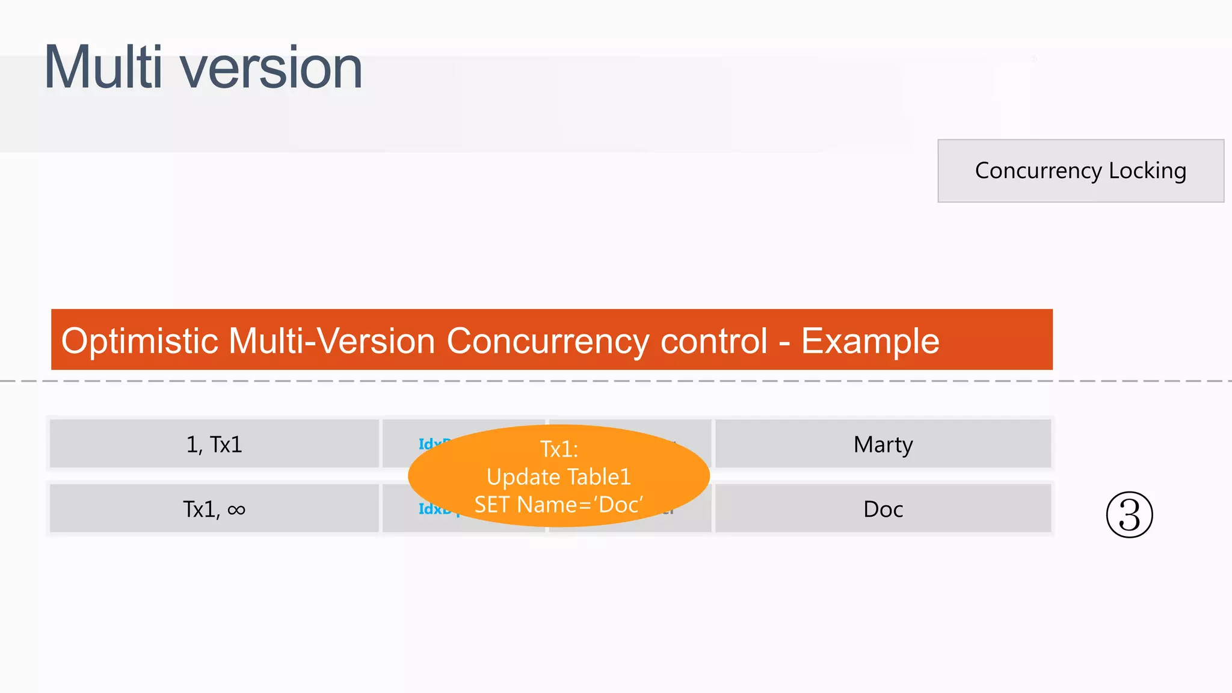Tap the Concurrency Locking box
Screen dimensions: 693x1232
coord(1080,171)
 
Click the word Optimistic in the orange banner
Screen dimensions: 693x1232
coord(140,341)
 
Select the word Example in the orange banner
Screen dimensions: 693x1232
coord(870,341)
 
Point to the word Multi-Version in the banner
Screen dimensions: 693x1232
coord(332,341)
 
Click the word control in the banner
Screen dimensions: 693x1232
coord(714,341)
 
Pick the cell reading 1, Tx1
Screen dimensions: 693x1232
coord(214,445)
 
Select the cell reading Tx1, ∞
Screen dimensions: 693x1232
coord(214,510)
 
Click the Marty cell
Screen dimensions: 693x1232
coord(883,445)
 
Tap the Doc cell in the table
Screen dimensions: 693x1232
coord(883,510)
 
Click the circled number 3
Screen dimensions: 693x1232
coord(1129,515)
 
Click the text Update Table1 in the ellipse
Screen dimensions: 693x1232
coord(559,477)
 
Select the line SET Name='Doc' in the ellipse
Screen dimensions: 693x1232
coord(559,505)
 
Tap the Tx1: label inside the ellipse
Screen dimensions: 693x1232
coord(559,449)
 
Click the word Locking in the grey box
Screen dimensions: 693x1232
coord(1147,171)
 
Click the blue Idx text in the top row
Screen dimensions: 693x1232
coord(428,443)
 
